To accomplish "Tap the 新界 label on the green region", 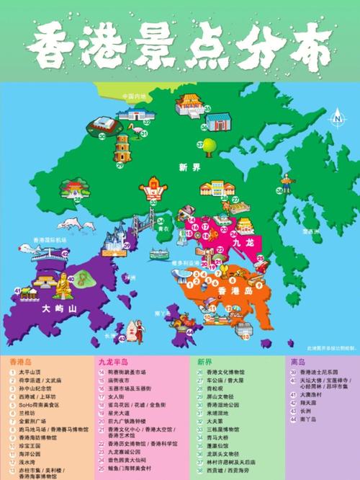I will point(188,167).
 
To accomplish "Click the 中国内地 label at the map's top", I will point(133,96).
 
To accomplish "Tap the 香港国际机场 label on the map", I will point(50,240).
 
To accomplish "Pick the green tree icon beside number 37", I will point(208,145).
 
